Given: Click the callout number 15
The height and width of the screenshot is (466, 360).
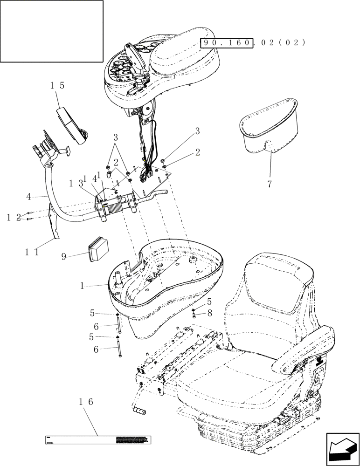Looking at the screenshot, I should (58, 86).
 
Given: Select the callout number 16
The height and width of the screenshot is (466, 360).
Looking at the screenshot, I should (86, 401).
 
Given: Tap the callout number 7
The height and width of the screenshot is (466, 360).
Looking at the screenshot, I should (269, 184).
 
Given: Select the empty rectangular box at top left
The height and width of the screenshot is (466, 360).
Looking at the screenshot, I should (51, 31).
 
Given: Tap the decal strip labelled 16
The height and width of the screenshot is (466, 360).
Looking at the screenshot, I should (98, 439).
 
